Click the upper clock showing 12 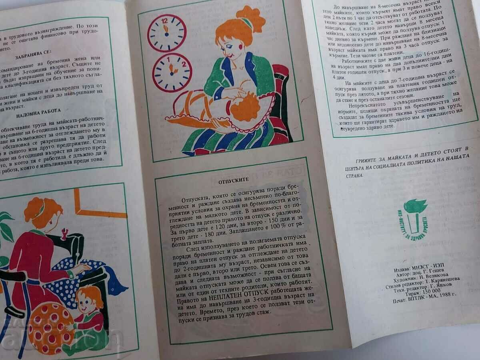167,33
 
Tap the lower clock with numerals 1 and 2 172,72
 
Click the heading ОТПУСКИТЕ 228,180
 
